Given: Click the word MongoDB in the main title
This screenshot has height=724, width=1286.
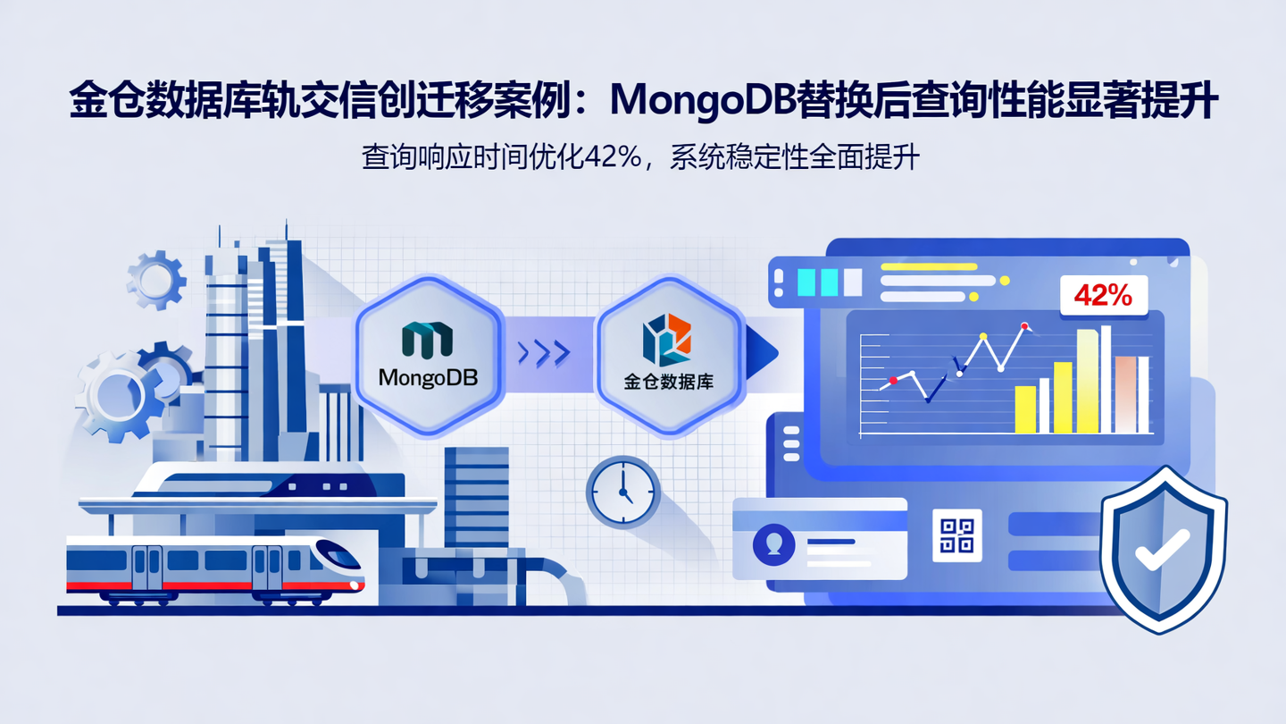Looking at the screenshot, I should point(702,100).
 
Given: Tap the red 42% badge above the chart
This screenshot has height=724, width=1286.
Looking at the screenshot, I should point(1103,295).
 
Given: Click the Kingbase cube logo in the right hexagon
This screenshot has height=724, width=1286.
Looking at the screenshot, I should point(667,339).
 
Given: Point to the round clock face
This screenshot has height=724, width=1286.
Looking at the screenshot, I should point(623,492).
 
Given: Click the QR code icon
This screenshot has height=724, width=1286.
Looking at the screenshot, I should point(956,535).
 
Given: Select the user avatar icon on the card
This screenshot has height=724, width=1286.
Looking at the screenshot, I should point(773,543).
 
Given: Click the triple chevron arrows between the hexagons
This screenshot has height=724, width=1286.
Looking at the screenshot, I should point(544,353).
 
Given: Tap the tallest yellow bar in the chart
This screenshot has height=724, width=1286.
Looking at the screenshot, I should point(1087,382).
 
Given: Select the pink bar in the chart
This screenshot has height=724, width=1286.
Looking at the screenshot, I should point(1125,394).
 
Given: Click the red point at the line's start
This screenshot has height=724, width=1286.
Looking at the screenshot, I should point(893,382).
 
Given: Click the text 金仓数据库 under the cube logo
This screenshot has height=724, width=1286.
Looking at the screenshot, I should point(668,382).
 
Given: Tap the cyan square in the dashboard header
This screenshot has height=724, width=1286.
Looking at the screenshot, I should point(806,282).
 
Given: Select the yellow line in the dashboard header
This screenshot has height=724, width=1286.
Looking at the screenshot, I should point(929,266).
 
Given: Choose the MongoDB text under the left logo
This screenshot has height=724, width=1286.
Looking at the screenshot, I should point(428,378).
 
